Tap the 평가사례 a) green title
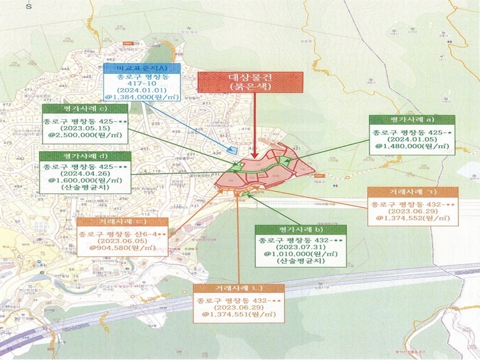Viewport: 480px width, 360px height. click(412, 120)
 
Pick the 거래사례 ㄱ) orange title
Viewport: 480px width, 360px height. click(412, 191)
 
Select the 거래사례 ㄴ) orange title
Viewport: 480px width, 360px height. click(239, 287)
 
